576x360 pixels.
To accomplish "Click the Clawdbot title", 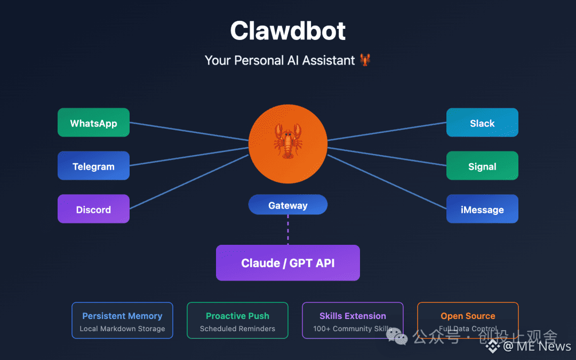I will tap(287, 31).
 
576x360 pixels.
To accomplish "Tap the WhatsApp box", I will tap(93, 123).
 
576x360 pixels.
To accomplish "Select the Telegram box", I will tap(93, 166).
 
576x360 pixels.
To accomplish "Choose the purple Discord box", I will tap(93, 209).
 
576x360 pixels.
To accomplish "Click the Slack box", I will tap(482, 123).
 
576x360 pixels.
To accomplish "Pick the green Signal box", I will tap(482, 166).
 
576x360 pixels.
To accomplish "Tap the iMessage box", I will tap(482, 209).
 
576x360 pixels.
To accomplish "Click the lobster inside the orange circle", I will tap(287, 141).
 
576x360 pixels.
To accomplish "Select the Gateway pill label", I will tap(287, 205).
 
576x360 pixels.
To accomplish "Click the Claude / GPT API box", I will tap(287, 263).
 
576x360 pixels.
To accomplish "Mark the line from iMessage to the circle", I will tap(387, 181).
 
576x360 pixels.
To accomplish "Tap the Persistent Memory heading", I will tap(122, 316).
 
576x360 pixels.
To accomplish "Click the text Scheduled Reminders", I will tap(237, 329).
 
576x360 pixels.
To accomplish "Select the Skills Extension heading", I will tap(353, 316).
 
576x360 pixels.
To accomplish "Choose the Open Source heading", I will tap(468, 316).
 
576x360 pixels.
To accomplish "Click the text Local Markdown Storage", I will tap(122, 329).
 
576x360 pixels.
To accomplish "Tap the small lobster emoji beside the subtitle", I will tap(365, 60).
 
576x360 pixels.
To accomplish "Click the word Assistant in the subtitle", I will tap(329, 60).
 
